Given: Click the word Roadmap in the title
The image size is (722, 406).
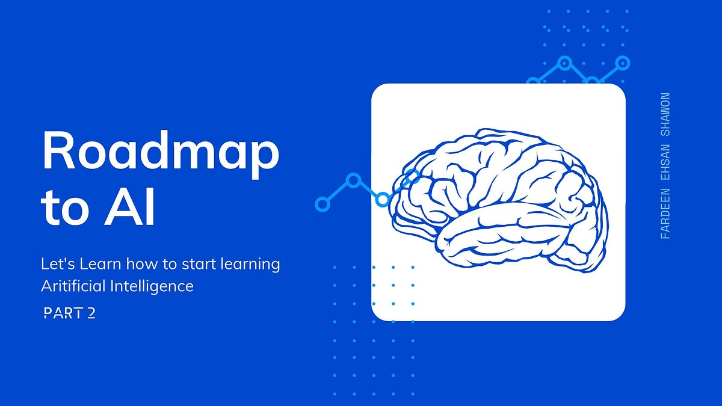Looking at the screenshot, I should (x=160, y=152).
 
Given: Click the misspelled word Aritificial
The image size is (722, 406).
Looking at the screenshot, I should (x=73, y=286).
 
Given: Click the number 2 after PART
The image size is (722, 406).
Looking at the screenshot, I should (x=91, y=313).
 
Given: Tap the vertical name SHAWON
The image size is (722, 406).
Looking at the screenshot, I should (x=665, y=114).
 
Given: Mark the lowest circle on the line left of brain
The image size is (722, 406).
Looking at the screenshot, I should (x=323, y=205).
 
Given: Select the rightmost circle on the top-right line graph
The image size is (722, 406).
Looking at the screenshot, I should (x=623, y=63).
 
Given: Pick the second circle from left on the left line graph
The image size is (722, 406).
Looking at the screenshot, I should (x=354, y=180).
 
